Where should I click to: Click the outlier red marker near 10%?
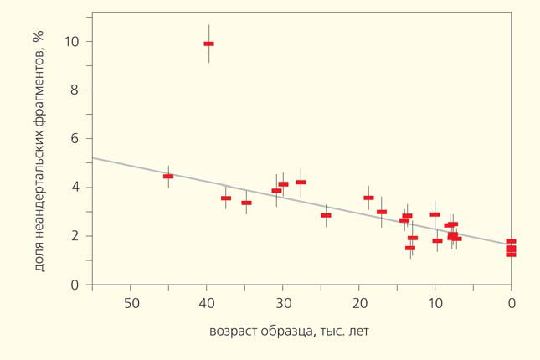[x=208, y=44]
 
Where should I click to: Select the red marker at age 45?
[x=168, y=177]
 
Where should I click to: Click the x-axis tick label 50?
[x=131, y=302]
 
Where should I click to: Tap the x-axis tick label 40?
[x=207, y=302]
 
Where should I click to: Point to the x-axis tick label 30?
[x=283, y=302]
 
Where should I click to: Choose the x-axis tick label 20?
[x=358, y=302]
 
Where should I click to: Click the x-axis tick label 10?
[x=435, y=302]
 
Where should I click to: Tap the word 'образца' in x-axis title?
[x=289, y=331]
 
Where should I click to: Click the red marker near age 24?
[x=326, y=215]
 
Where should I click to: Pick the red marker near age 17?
[x=382, y=212]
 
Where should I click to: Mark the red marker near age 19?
[x=368, y=198]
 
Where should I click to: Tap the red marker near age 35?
[x=246, y=203]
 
